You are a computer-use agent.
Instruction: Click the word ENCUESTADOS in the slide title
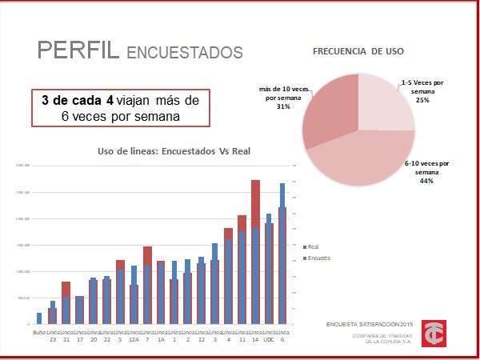[184, 53]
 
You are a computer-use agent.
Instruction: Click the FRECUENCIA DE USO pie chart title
[358, 50]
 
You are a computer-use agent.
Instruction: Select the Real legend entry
[313, 248]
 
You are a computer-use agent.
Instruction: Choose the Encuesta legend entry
[318, 259]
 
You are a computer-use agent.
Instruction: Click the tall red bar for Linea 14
[255, 204]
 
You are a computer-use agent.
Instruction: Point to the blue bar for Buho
[39, 318]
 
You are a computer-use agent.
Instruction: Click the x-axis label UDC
[269, 339]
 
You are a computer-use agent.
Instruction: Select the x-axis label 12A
[134, 339]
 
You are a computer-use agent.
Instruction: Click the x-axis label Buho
[39, 332]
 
